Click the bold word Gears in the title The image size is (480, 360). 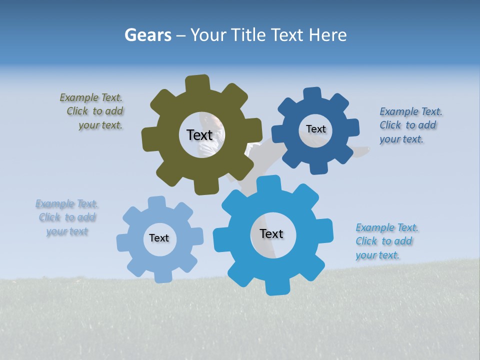pos(147,35)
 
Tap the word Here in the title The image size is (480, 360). pos(328,35)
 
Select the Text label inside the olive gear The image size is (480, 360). pos(199,135)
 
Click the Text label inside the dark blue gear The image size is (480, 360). pos(315,129)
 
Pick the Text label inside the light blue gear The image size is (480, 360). pos(159,238)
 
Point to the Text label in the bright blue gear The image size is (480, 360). pos(271,233)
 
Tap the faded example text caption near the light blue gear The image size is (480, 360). pos(67,217)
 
